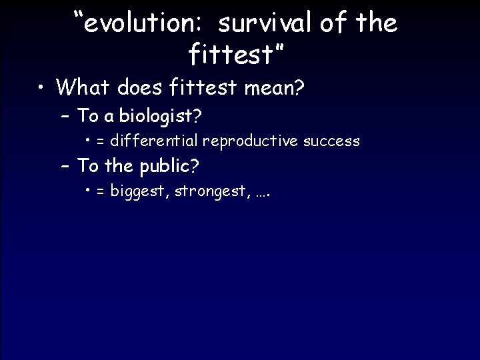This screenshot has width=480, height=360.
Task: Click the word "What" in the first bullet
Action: coord(84,87)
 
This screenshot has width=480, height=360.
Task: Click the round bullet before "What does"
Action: coord(41,87)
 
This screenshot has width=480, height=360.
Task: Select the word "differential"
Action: coord(155,141)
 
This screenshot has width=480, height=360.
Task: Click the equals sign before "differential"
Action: coord(101,141)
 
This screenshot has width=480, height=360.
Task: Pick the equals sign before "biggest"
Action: coord(101,191)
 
